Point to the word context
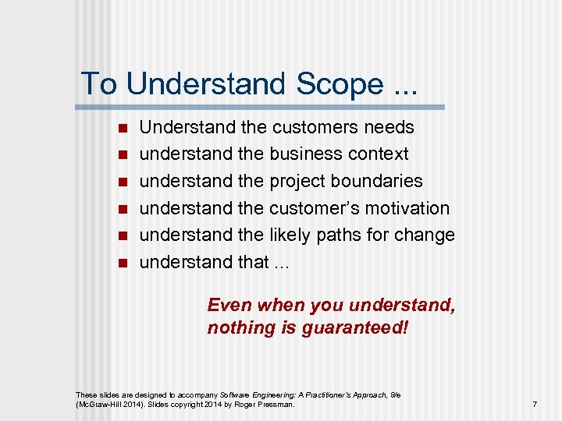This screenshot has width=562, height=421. (382, 154)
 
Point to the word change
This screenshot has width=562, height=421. (425, 235)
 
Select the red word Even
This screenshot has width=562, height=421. (229, 306)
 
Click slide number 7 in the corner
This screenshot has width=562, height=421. (535, 405)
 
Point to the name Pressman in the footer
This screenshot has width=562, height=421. (277, 405)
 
